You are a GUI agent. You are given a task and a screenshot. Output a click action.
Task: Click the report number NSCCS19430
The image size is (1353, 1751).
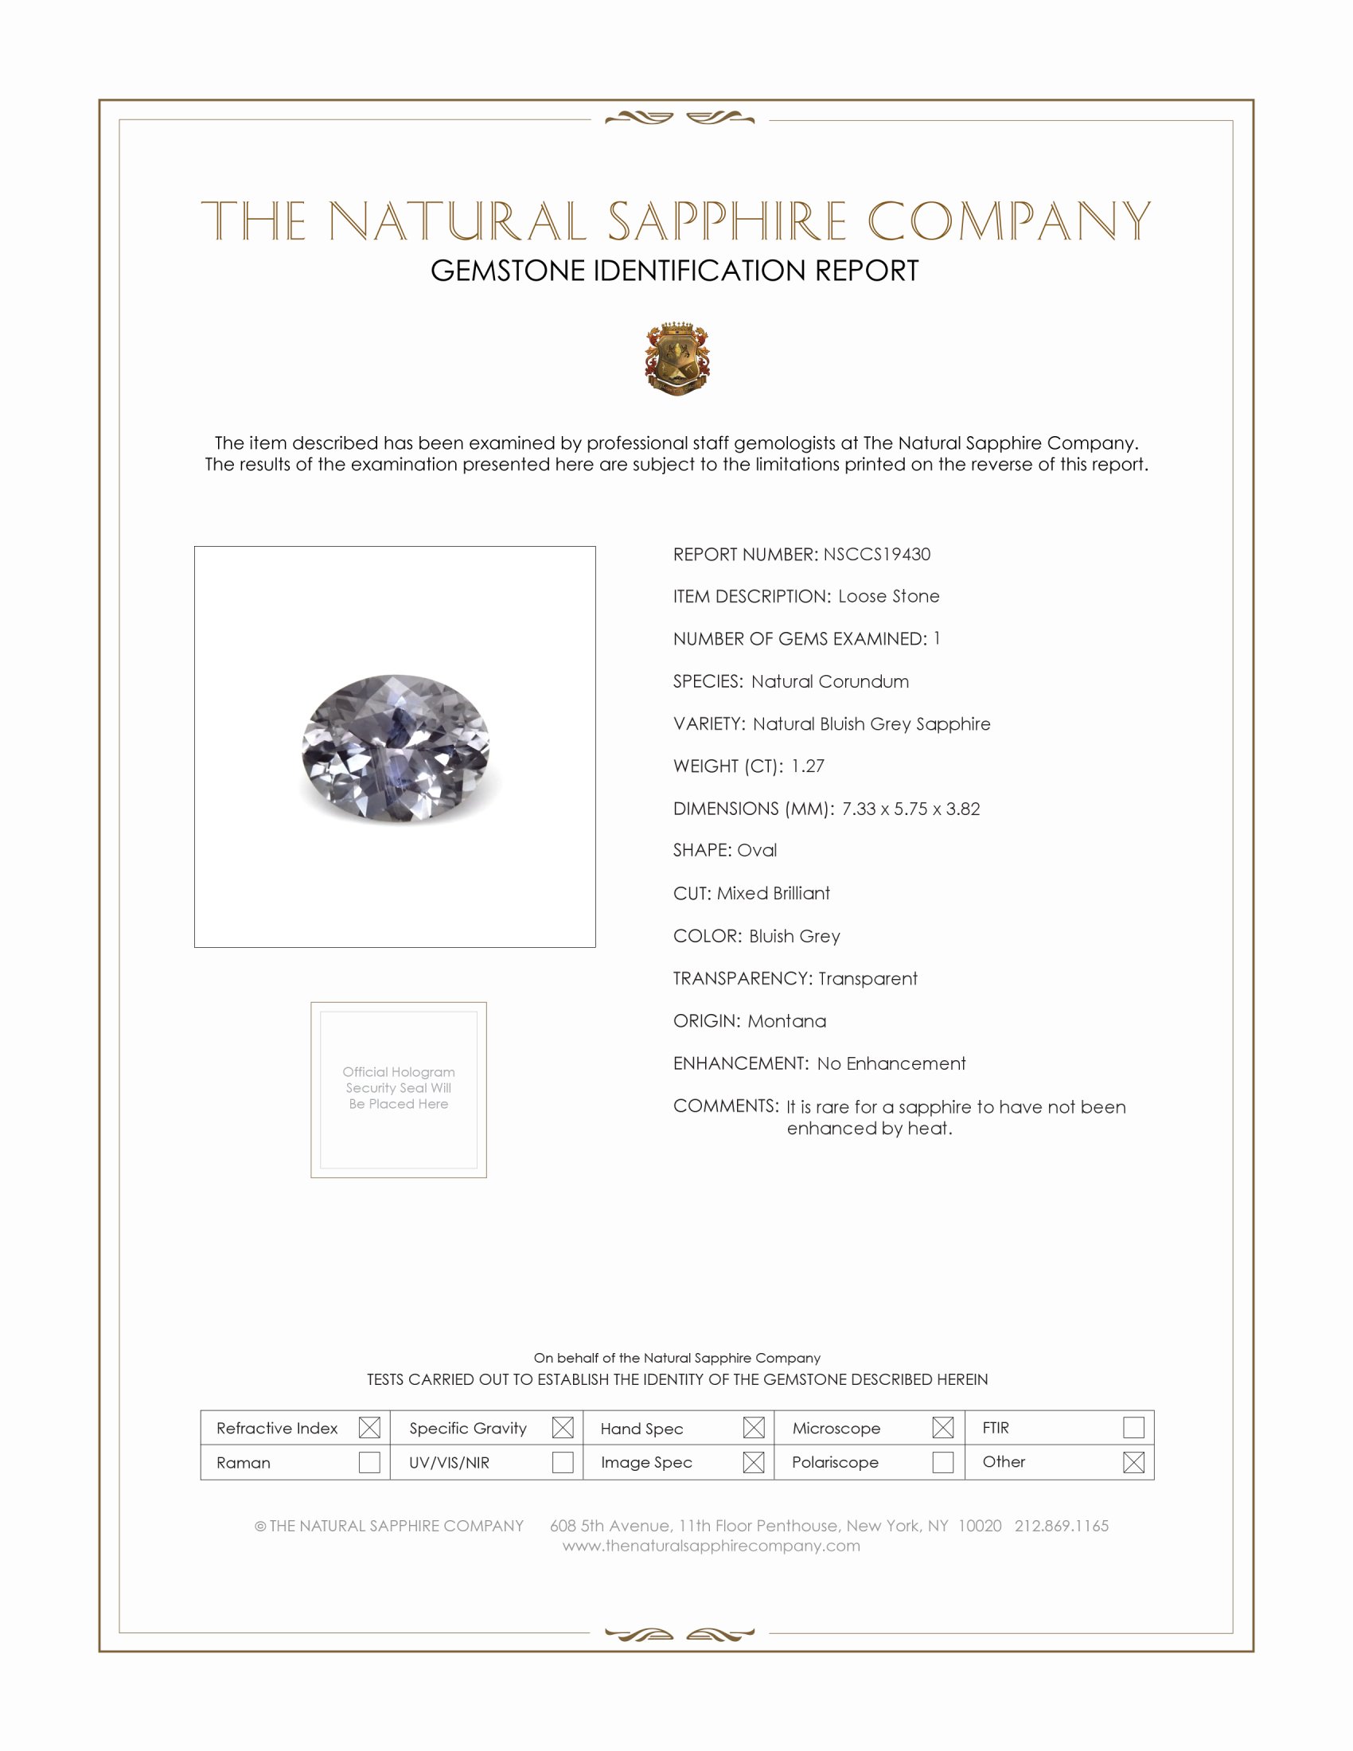pos(876,554)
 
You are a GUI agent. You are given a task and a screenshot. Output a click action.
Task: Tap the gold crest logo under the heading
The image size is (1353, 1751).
pos(677,358)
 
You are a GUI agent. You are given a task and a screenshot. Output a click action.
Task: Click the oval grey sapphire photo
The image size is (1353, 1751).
pos(396,747)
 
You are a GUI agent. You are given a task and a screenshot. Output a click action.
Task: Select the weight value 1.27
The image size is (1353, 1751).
pos(807,766)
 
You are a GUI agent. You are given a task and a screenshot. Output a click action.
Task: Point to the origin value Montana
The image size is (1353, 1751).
pos(786,1020)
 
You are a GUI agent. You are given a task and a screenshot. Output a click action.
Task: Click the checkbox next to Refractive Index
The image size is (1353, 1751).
pos(369,1427)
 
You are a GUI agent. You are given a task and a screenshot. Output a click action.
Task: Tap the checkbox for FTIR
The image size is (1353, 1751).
pos(1133,1427)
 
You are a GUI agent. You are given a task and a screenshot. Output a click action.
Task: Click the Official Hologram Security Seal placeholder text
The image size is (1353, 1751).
pos(399,1087)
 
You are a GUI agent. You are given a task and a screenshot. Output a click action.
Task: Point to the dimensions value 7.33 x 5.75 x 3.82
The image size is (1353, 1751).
pos(910,808)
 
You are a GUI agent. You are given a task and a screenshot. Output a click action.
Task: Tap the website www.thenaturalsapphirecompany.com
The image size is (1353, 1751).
pos(711,1546)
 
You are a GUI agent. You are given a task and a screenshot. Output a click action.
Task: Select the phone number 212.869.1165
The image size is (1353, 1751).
pos(1061,1526)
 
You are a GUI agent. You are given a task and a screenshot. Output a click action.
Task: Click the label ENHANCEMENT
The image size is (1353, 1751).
pos(741,1063)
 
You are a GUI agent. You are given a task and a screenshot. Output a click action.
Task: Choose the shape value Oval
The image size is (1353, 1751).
pos(757,850)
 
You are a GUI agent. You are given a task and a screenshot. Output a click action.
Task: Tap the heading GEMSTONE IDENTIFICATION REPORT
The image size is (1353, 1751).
pos(674,271)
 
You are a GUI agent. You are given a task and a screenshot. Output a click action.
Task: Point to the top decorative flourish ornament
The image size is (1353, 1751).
pos(680,119)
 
